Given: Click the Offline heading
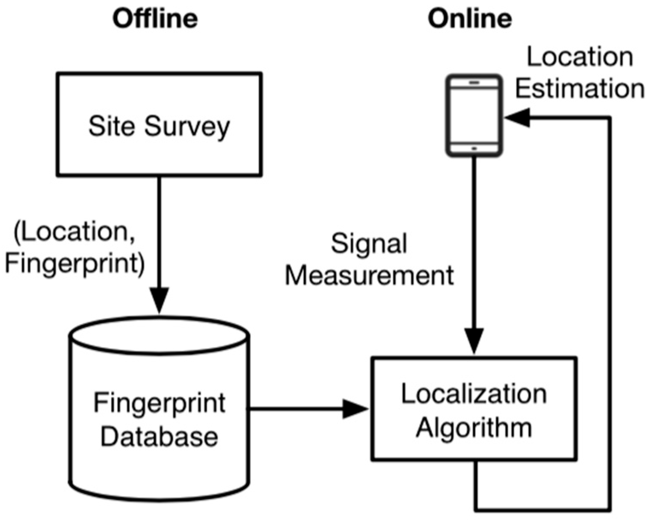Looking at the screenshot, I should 155,19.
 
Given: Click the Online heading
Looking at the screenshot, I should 469,19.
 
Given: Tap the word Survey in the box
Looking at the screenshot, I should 187,127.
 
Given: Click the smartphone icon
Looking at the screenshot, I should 474,116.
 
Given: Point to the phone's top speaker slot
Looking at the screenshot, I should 474,82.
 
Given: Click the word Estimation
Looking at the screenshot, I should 579,89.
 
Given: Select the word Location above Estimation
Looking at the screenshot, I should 579,57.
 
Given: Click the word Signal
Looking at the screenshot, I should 369,244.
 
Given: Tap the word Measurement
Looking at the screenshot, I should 369,275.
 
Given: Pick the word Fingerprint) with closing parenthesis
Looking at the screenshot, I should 75,263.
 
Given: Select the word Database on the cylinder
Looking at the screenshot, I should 159,437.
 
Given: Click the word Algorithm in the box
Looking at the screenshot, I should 474,427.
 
